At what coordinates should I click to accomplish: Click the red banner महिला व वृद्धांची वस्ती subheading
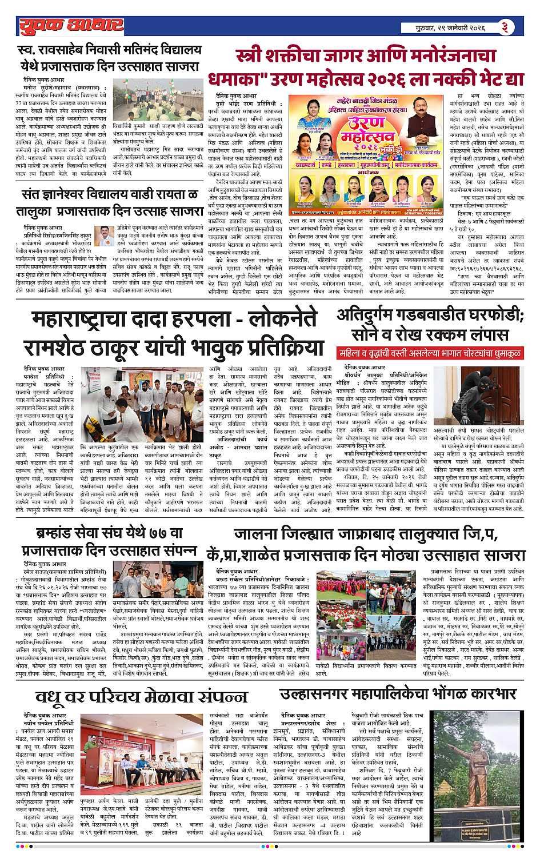coord(430,353)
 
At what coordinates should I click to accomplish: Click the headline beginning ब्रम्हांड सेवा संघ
coord(102,546)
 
